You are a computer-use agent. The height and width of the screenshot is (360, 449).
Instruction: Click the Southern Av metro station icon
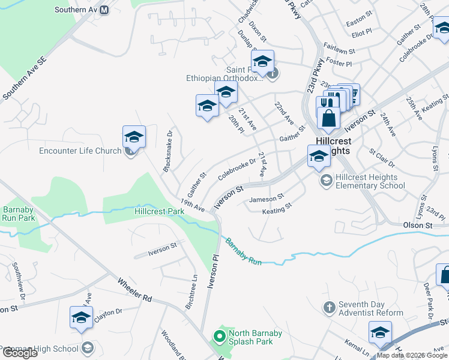[104, 10]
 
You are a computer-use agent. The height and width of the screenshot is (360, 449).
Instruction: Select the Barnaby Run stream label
[244, 251]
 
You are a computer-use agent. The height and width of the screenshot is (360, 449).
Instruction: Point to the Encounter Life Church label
[80, 151]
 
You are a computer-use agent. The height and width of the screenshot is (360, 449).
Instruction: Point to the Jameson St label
[267, 199]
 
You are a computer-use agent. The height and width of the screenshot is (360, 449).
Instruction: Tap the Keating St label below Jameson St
[277, 211]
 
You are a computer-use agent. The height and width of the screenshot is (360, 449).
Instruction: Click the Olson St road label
[417, 225]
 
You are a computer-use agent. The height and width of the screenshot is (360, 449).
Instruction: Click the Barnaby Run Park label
[18, 214]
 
